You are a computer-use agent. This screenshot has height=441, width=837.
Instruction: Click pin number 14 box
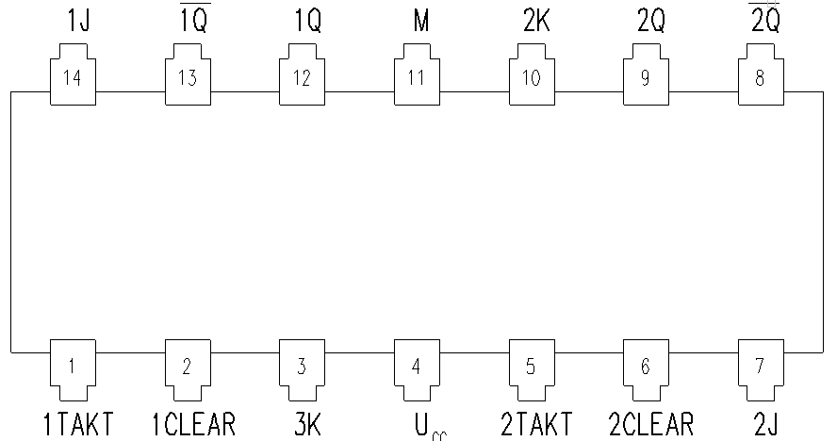74,74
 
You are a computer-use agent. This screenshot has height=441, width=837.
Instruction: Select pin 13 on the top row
188,74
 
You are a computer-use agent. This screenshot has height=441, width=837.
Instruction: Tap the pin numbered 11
417,74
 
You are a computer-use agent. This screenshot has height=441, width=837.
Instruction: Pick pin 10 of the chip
532,74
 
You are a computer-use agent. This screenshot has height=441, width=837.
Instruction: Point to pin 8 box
761,74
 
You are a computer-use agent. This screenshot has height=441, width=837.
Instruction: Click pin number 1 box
74,370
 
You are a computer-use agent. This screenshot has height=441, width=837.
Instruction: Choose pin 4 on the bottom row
417,370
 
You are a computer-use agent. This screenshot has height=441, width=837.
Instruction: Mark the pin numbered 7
761,370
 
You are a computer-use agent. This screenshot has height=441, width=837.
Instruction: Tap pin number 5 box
532,370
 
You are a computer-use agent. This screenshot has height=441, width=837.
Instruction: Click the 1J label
78,21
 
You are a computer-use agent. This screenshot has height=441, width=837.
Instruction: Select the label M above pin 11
421,21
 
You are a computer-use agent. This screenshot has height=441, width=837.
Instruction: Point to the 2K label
536,21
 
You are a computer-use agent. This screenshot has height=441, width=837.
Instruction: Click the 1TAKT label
78,424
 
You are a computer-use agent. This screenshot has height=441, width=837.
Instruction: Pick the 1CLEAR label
193,424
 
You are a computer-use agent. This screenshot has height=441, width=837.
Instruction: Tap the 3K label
307,424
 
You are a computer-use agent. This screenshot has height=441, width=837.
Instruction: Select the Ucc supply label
430,427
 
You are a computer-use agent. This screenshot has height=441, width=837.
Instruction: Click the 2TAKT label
536,424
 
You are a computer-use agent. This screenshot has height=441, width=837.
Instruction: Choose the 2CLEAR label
651,424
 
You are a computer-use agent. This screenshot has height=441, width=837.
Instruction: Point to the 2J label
766,424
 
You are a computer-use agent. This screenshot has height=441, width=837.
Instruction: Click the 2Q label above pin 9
651,21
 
